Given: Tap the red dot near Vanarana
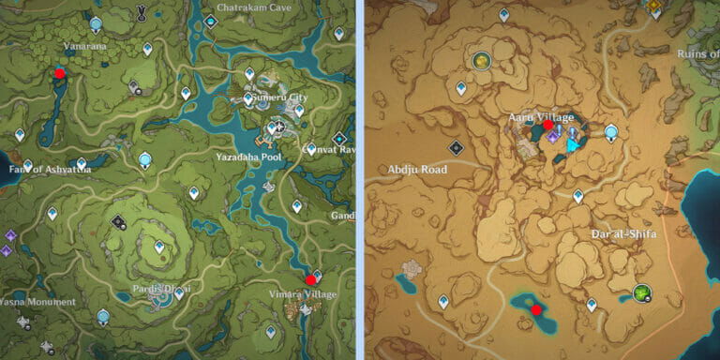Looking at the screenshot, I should pyautogui.click(x=60, y=72).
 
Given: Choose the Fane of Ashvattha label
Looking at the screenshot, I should pyautogui.click(x=47, y=169).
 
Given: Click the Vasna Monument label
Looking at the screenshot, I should pyautogui.click(x=37, y=302).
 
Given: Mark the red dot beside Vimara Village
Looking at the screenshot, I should pyautogui.click(x=310, y=279).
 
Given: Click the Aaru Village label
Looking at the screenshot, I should pyautogui.click(x=541, y=116).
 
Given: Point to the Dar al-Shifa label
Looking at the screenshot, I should pyautogui.click(x=623, y=233).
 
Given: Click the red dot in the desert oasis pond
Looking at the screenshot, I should pyautogui.click(x=536, y=309).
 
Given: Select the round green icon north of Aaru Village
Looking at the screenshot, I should pyautogui.click(x=482, y=60).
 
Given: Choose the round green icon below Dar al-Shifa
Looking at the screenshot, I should pyautogui.click(x=641, y=293).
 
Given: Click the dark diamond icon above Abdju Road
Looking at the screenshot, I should pyautogui.click(x=456, y=147).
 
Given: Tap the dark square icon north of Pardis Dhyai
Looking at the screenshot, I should pyautogui.click(x=119, y=222).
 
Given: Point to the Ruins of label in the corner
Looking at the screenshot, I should pyautogui.click(x=697, y=53).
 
